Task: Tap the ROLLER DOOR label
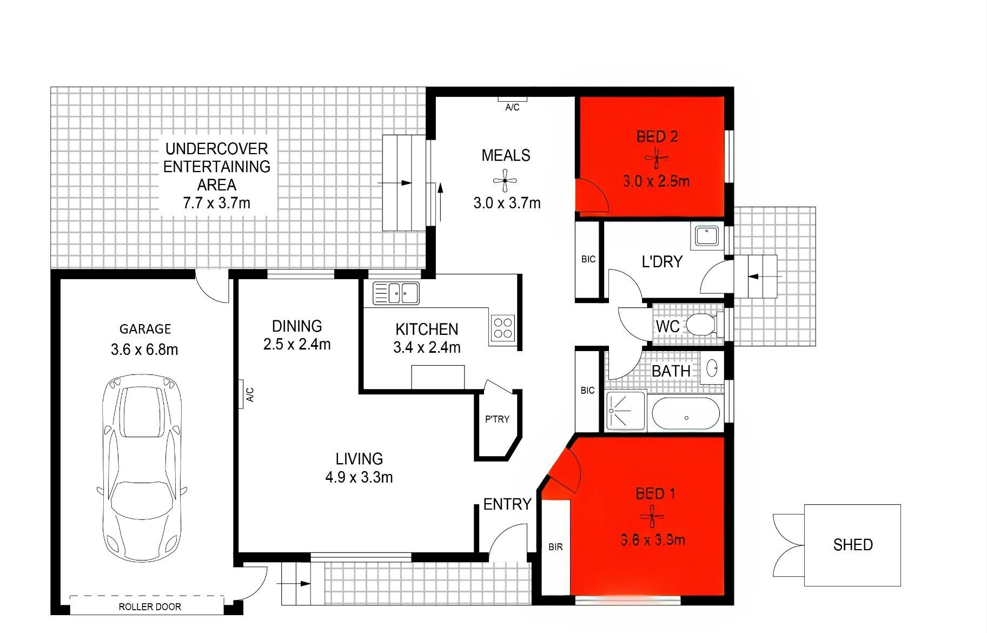click(150, 607)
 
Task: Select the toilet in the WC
click(705, 324)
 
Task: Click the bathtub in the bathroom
click(686, 414)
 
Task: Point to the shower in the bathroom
click(626, 411)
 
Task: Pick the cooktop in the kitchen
click(503, 328)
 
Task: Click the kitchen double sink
click(396, 293)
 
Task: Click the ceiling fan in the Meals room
click(505, 181)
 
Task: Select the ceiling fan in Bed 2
click(657, 159)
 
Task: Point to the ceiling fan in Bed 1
click(652, 516)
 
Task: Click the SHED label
click(853, 545)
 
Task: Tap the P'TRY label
click(497, 419)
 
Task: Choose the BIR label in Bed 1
click(555, 547)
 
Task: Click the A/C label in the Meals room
click(512, 108)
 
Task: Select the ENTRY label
click(507, 504)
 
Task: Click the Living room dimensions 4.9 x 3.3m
click(359, 477)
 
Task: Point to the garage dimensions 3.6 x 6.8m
click(144, 350)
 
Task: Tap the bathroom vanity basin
click(712, 368)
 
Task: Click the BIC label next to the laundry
click(588, 259)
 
